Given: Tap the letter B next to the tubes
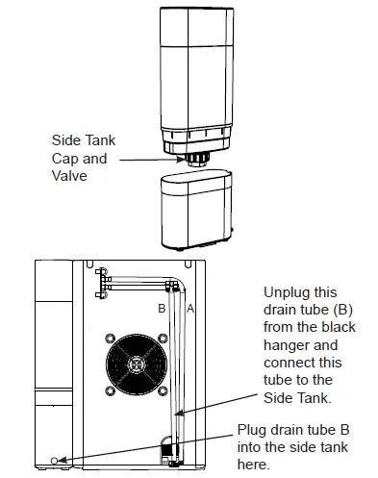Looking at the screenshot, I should tap(162, 309).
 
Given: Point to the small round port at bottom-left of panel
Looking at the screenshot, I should tap(63, 460).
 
